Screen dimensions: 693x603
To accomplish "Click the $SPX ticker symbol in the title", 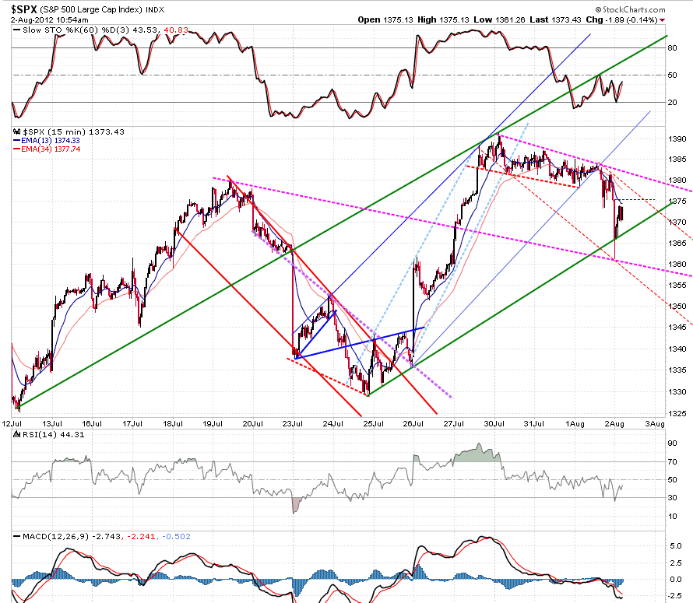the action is click(24, 9).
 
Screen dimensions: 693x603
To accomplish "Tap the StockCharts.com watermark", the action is click(630, 9).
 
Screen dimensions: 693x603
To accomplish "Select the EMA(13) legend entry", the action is click(47, 141).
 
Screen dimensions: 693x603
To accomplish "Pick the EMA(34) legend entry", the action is click(47, 149).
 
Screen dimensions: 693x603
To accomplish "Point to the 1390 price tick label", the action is click(677, 138).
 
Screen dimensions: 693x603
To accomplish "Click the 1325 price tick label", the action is click(677, 414).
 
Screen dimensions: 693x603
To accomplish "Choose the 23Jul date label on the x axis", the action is click(293, 423).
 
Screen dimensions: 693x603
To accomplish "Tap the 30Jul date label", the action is click(494, 423).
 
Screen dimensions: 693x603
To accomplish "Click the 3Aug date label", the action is click(655, 423).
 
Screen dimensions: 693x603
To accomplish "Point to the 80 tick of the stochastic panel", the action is click(672, 47).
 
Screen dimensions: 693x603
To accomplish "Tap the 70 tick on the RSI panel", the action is click(672, 461).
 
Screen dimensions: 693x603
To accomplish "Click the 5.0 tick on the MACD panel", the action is click(675, 545).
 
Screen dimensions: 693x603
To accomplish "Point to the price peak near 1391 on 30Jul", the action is click(499, 135).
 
